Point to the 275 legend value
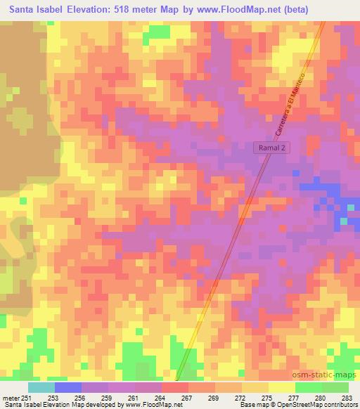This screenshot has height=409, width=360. [266, 398]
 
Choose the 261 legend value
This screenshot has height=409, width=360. [133, 398]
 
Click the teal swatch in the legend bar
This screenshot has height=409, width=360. [41, 387]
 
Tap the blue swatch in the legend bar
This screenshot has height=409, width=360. [68, 387]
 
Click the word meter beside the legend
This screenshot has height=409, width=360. [11, 398]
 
